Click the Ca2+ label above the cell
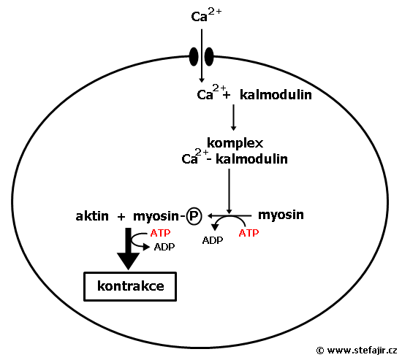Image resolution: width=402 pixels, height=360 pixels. [206, 15]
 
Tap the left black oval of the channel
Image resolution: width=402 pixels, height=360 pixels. [194, 57]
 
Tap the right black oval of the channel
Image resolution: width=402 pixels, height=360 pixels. [209, 57]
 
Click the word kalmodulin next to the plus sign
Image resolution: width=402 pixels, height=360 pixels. [276, 95]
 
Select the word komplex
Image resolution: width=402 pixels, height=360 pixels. [235, 143]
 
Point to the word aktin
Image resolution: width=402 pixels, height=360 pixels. [92, 216]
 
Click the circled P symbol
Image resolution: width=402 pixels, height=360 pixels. [194, 216]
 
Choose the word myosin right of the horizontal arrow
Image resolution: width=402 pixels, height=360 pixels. [281, 215]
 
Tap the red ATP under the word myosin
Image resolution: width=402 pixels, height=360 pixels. [249, 233]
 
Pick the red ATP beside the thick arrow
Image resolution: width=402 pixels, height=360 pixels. [161, 233]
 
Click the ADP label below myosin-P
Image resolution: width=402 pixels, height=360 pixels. [213, 240]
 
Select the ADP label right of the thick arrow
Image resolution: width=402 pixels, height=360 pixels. [164, 247]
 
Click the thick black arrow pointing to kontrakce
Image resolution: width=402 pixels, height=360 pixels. [128, 248]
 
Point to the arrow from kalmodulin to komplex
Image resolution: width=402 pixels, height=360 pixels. [233, 118]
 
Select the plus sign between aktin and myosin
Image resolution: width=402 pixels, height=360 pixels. [121, 217]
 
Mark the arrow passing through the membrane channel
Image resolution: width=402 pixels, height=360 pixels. [202, 55]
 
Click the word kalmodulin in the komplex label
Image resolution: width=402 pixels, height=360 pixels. [251, 159]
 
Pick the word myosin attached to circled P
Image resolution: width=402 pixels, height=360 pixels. [156, 217]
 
